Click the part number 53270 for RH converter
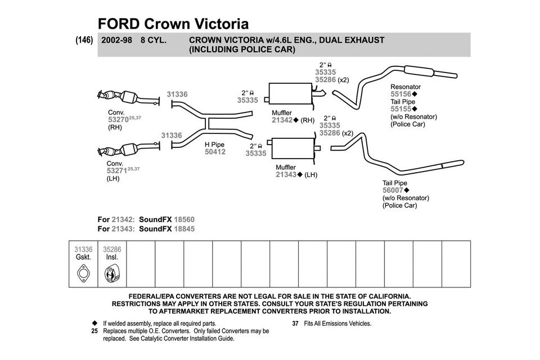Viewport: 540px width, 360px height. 117,119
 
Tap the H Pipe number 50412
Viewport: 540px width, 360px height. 215,152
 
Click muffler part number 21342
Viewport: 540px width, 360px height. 282,120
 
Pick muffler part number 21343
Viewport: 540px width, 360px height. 286,174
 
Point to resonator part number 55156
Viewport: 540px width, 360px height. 401,94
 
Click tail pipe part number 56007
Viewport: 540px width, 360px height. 393,191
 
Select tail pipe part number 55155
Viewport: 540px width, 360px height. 401,109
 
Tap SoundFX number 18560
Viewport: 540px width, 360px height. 184,219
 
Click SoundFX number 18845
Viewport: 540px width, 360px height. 184,229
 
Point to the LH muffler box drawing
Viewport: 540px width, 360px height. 292,149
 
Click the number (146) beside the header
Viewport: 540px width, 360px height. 84,40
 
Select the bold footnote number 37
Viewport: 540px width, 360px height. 295,323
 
